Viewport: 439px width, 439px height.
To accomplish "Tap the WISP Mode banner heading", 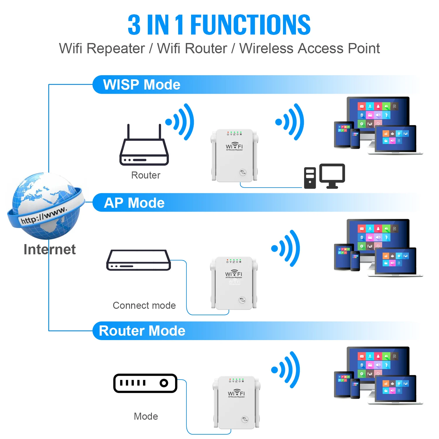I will tap(142, 85).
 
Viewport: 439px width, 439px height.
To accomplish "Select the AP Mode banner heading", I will tap(134, 203).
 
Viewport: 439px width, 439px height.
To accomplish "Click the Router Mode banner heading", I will tap(142, 331).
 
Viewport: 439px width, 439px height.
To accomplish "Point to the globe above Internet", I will tap(45, 205).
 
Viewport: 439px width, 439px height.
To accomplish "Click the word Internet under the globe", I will tap(49, 249).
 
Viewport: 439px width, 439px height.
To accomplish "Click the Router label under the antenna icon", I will tap(146, 175).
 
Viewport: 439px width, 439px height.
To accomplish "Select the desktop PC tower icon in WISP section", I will tap(310, 178).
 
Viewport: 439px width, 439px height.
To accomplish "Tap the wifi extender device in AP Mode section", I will tap(234, 283).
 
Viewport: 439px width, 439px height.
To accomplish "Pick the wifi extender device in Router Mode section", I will tap(236, 402).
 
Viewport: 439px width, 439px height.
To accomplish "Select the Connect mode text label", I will tap(144, 305).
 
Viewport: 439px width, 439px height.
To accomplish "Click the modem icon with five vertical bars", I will tap(145, 383).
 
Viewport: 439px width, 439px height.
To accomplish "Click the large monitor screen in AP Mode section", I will tap(378, 234).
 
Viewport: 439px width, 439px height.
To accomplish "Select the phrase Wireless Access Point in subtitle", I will tap(310, 48).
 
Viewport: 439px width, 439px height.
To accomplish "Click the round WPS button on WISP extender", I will tap(243, 172).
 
